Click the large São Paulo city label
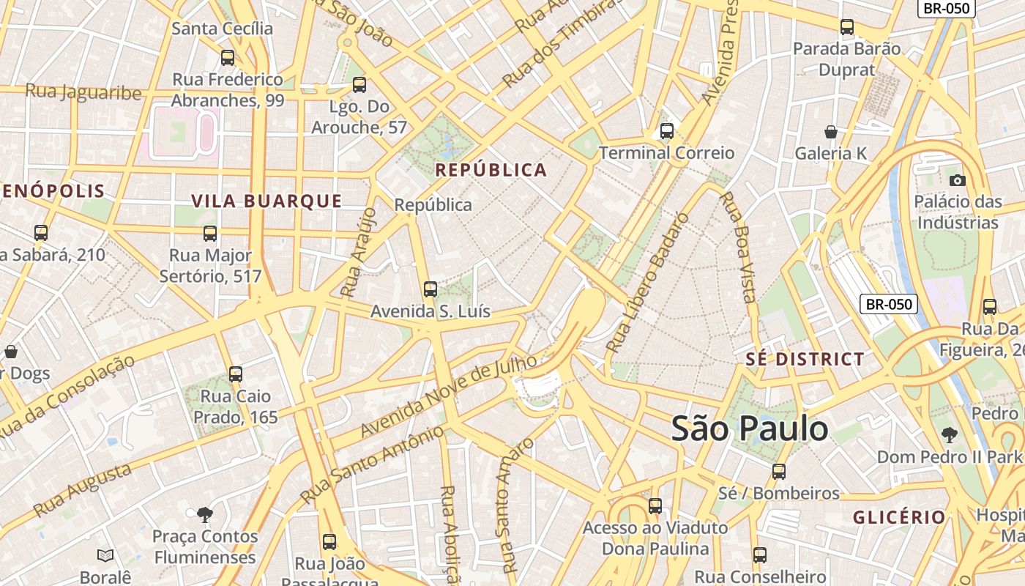tap(749, 429)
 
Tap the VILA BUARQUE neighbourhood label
tap(266, 201)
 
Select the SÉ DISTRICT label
tap(805, 359)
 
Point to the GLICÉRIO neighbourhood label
tap(899, 517)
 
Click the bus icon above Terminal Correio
tap(666, 131)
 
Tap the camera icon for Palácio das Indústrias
tap(957, 180)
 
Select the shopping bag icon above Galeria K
tap(831, 132)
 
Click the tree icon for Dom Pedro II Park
tap(949, 435)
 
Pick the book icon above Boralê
tap(105, 556)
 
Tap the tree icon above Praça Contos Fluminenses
tap(205, 515)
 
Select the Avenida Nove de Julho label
tap(450, 396)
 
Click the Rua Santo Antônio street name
tap(372, 465)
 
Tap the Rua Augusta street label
tap(82, 489)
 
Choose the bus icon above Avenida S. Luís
tap(430, 289)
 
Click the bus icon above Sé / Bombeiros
tap(779, 471)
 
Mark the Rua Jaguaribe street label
tap(83, 92)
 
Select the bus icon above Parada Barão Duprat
tap(847, 27)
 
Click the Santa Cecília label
tap(222, 29)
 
